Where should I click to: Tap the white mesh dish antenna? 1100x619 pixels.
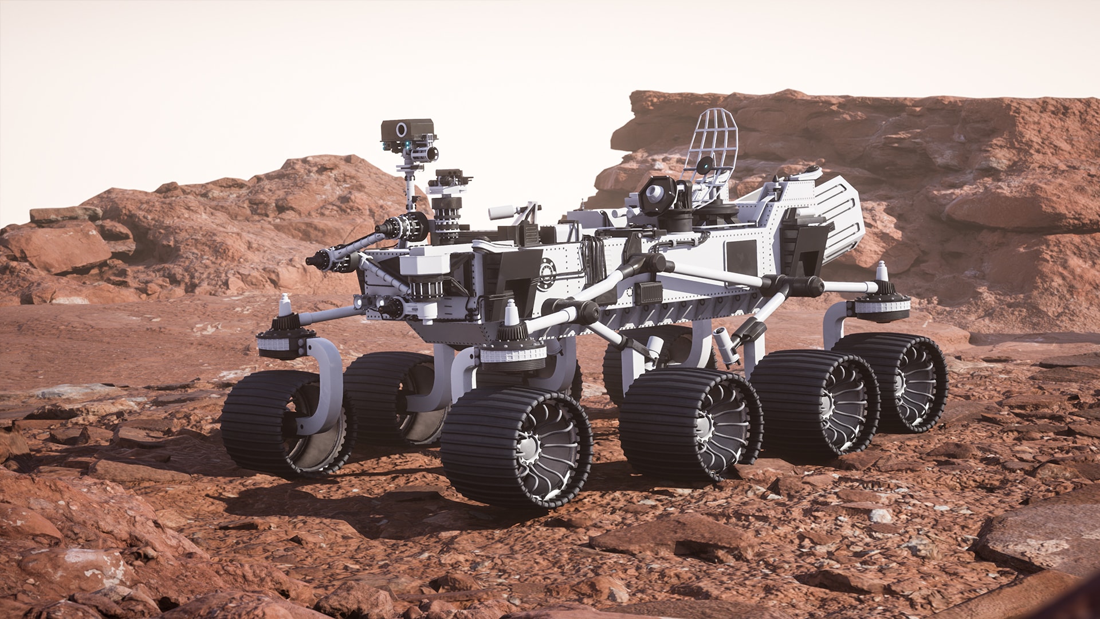click(711, 143)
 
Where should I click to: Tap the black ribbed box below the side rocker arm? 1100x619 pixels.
click(651, 293)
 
